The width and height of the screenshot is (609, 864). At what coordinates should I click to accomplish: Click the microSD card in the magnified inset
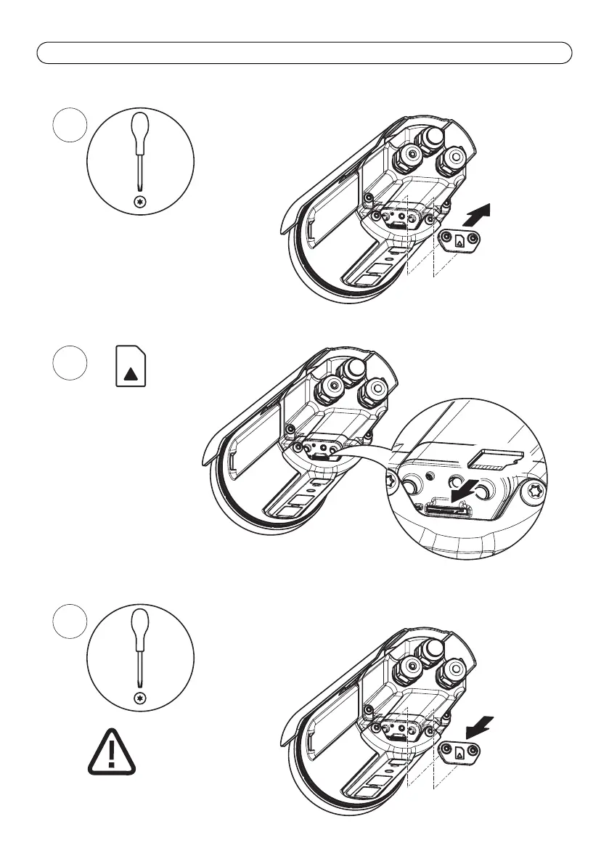tap(496, 457)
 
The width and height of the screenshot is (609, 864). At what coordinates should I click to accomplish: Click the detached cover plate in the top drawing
tap(458, 239)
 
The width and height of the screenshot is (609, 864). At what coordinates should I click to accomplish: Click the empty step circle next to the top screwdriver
tap(71, 126)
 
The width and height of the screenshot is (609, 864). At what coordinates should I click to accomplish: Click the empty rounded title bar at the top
tap(304, 53)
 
